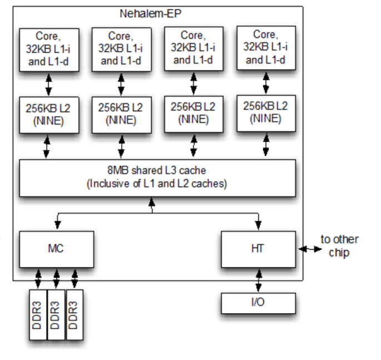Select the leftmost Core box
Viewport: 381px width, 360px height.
click(x=48, y=49)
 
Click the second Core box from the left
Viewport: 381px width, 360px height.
click(x=121, y=49)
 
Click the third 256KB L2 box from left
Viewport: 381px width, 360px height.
click(x=193, y=114)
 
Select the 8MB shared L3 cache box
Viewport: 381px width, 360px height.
click(x=157, y=177)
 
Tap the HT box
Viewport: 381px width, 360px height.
click(x=258, y=248)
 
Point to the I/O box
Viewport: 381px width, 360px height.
click(x=258, y=303)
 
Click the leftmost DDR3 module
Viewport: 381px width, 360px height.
click(x=38, y=314)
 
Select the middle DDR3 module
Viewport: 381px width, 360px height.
click(x=56, y=314)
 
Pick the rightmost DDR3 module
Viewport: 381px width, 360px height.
click(x=74, y=314)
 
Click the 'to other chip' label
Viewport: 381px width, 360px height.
click(x=340, y=245)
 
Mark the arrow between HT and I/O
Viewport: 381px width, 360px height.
click(x=258, y=280)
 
